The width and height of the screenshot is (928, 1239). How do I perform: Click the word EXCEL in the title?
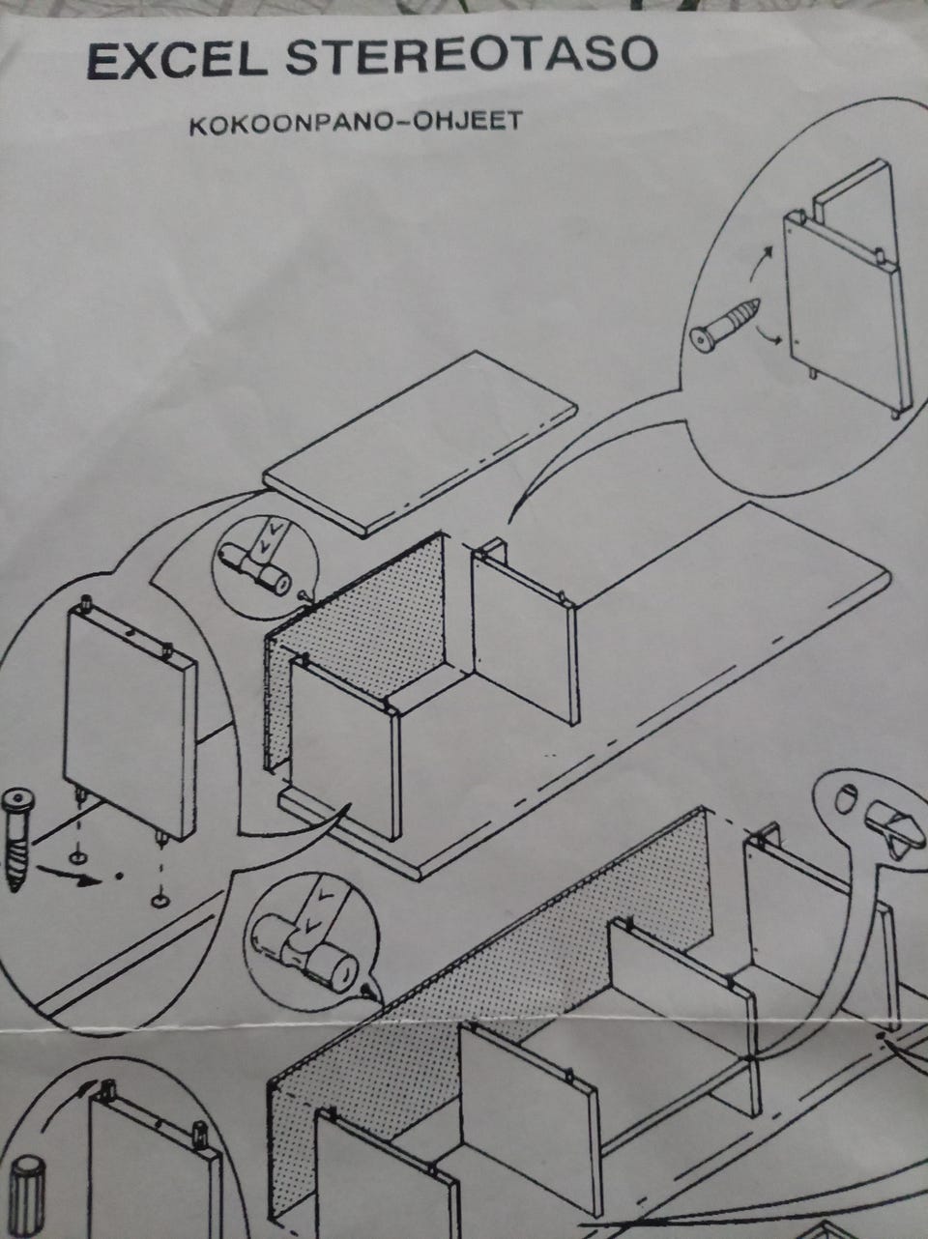(178, 62)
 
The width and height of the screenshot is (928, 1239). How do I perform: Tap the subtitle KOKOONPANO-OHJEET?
(356, 124)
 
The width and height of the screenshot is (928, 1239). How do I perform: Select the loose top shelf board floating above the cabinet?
(422, 443)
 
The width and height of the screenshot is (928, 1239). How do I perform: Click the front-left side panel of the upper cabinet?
(344, 748)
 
